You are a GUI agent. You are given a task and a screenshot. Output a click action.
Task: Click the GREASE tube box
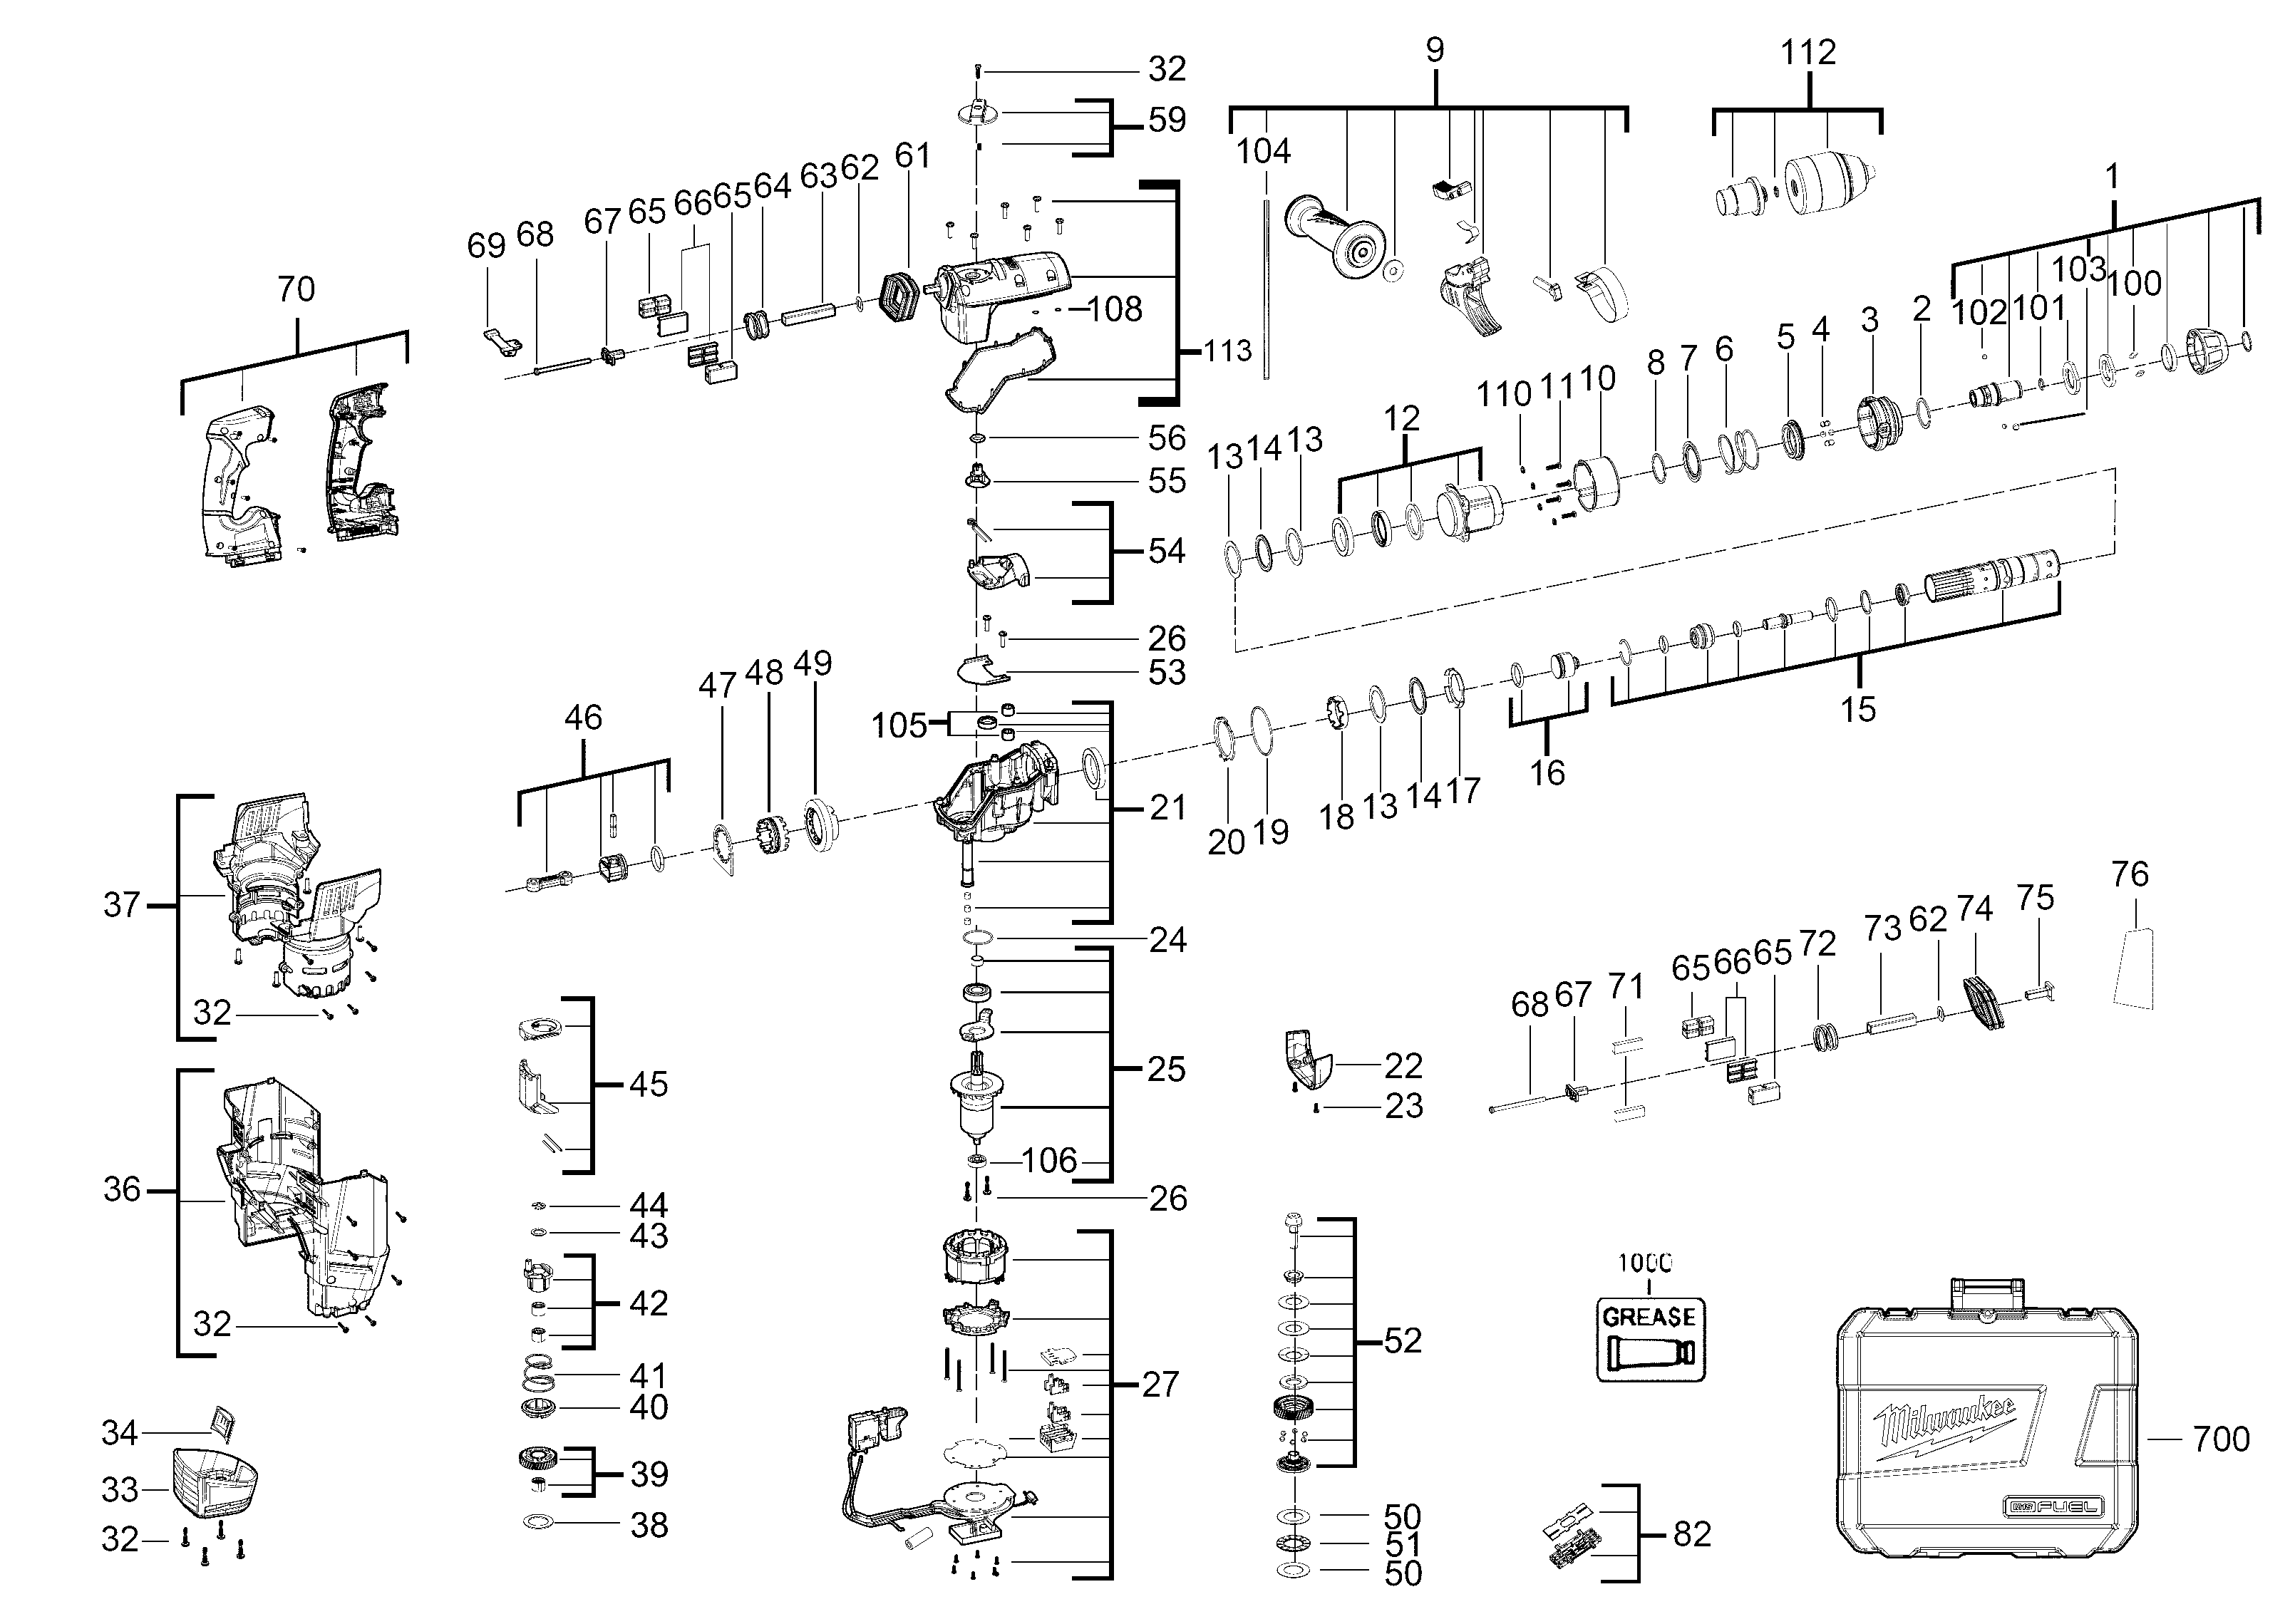point(1651,1339)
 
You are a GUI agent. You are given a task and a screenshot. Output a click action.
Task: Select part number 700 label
point(2221,1439)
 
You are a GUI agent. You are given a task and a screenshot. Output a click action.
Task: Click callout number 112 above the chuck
point(1808,52)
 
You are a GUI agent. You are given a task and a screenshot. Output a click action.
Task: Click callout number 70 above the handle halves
point(296,289)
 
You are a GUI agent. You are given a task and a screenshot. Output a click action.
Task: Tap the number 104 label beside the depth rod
point(1264,152)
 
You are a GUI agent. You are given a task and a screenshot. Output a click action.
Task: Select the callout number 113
point(1227,351)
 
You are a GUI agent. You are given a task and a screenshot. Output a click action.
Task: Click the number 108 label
point(1115,309)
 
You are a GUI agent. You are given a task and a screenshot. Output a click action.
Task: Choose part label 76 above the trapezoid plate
point(2130,874)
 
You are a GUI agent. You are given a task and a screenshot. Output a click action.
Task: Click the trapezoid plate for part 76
point(2133,968)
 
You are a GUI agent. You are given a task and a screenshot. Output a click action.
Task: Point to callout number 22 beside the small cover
point(1403,1066)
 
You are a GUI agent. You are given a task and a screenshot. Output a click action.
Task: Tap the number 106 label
point(1049,1159)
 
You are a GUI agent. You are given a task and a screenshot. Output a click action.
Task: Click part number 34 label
point(120,1432)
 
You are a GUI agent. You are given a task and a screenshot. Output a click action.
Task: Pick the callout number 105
point(899,725)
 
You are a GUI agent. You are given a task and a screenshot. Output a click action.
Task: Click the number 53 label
point(1167,672)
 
